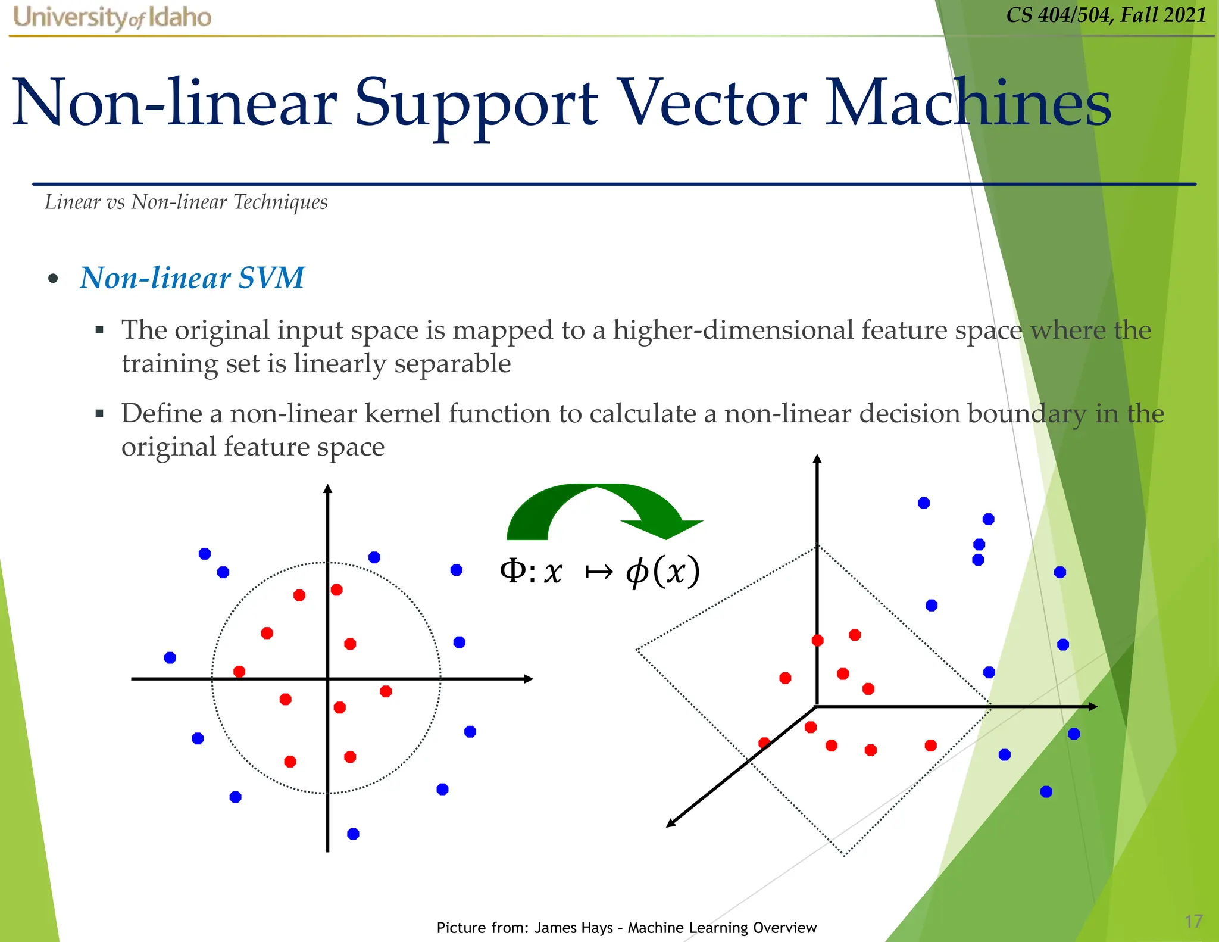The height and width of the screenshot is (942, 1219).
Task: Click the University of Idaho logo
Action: (112, 18)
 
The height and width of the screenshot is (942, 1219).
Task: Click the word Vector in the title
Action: (711, 104)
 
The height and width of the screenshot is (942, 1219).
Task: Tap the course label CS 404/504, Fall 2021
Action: (1106, 15)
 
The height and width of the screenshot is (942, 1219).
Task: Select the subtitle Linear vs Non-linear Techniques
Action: (186, 202)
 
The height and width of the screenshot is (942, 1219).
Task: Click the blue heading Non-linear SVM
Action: (192, 278)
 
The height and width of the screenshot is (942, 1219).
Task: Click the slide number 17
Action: (1193, 921)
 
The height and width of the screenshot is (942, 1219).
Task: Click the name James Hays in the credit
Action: (573, 928)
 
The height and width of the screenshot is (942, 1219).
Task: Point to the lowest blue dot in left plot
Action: (353, 834)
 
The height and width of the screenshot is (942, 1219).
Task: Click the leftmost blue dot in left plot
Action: (170, 657)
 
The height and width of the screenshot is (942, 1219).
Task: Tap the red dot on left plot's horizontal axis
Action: (239, 672)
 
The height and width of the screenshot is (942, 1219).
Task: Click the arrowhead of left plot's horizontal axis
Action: (528, 679)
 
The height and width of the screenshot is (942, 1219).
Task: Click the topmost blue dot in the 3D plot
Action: (924, 503)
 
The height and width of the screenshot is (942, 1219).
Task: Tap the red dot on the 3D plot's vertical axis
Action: (818, 640)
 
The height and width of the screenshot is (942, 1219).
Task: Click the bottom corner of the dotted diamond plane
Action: (844, 856)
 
